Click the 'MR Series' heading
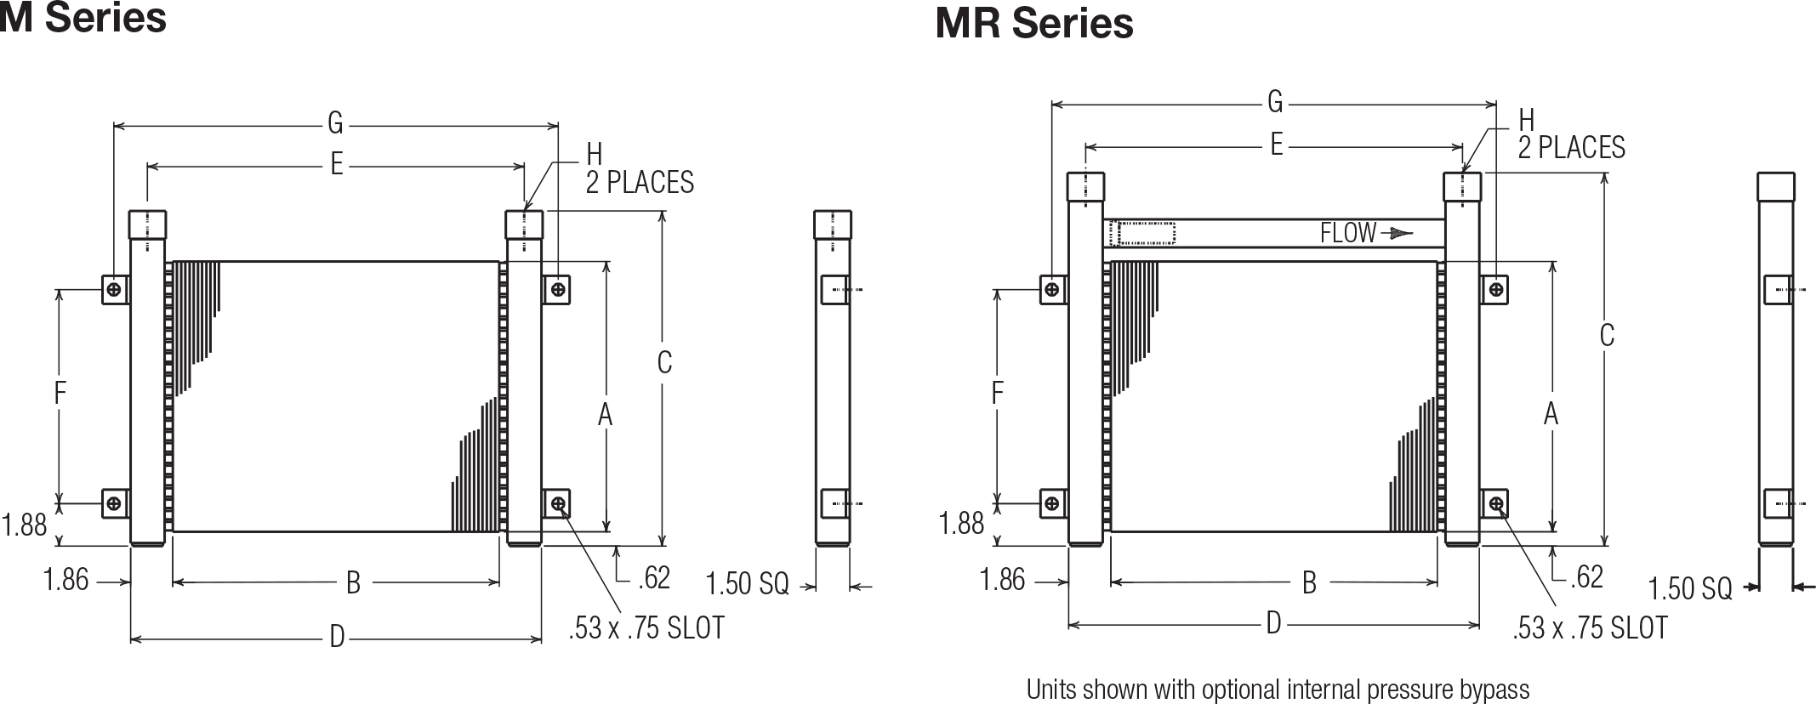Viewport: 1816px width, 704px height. [1033, 23]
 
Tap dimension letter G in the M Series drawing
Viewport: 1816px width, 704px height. [335, 125]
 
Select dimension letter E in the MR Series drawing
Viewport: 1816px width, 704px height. [1276, 145]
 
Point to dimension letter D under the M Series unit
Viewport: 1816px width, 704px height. [337, 637]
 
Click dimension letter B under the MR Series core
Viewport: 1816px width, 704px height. [1310, 582]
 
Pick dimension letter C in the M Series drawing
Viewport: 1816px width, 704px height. [664, 363]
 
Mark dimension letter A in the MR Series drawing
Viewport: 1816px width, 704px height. [1551, 414]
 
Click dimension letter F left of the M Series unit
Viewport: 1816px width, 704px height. [60, 394]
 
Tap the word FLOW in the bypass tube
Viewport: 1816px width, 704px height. [1348, 233]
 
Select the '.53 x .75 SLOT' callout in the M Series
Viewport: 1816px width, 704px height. [646, 628]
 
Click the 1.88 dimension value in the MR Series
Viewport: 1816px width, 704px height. [961, 523]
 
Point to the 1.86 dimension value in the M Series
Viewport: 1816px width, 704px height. [65, 580]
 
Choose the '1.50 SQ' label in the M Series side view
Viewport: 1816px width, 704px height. [748, 584]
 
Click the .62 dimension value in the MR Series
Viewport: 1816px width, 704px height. [1585, 578]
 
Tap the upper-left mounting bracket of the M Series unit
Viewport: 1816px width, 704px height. [115, 290]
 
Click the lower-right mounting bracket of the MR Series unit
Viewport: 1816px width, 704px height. [1495, 504]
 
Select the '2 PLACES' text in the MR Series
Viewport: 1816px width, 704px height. [1572, 148]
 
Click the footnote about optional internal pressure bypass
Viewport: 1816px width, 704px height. [1278, 689]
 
